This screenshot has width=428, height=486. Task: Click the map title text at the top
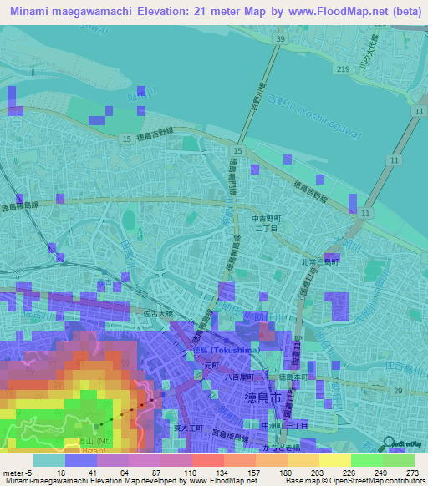[x=214, y=13]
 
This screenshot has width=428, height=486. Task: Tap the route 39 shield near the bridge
[x=281, y=39]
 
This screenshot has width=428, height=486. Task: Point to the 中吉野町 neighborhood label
[x=268, y=220]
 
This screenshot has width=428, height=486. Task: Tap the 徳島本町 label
[x=293, y=376]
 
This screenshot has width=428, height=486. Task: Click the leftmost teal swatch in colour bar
[x=48, y=460]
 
